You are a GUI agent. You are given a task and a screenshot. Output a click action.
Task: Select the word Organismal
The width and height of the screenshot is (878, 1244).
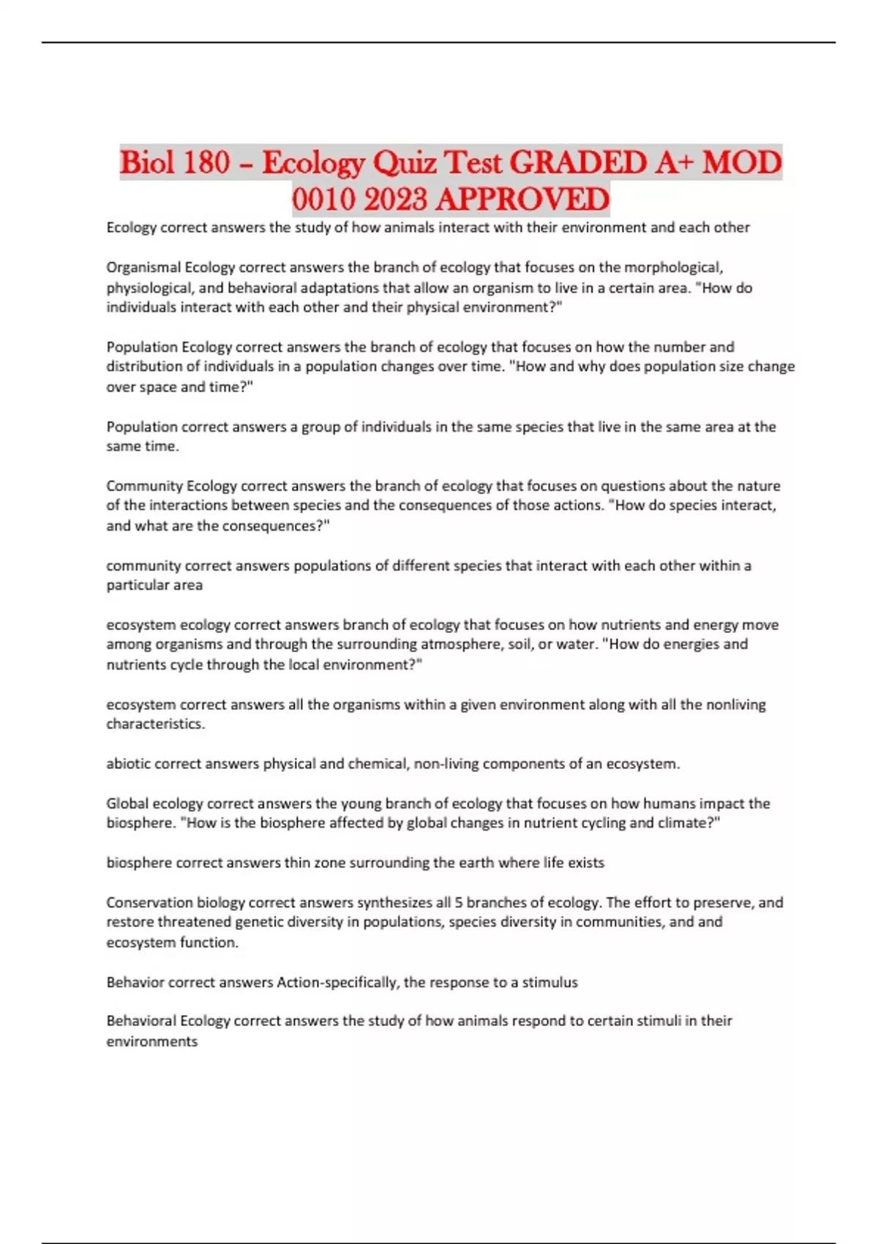[143, 267]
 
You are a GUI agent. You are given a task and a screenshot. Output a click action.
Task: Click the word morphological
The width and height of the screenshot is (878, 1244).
[672, 267]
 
